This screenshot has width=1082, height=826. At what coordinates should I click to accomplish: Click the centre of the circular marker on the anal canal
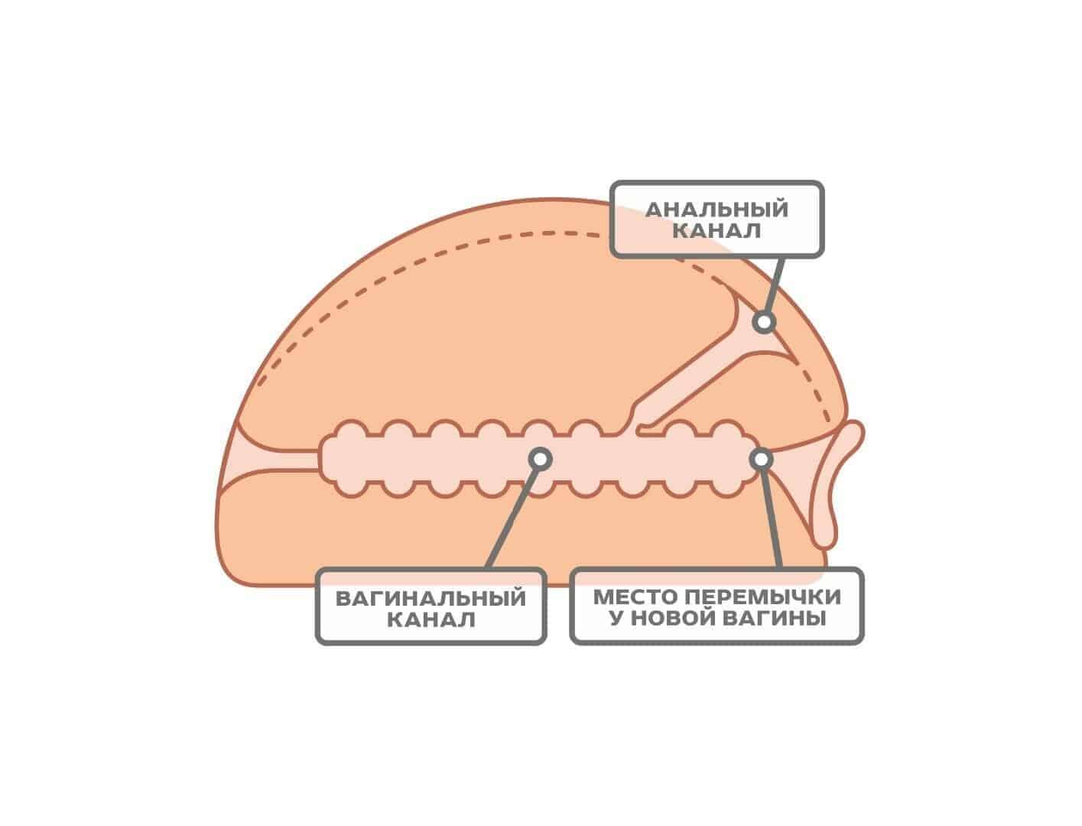click(764, 322)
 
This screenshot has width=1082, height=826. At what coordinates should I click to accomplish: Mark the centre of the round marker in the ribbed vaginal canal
click(541, 459)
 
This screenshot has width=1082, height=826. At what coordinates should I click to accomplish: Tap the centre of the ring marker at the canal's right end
click(761, 460)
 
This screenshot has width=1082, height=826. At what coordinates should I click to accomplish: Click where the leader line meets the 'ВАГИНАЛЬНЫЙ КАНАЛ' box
click(489, 568)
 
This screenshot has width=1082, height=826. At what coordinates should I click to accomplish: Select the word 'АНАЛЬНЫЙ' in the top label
click(716, 209)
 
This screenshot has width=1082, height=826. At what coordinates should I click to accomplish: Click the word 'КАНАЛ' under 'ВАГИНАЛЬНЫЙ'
click(431, 620)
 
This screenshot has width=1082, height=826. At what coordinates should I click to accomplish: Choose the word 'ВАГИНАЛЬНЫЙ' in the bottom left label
click(431, 598)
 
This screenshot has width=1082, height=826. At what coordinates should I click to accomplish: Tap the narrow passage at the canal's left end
click(278, 460)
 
